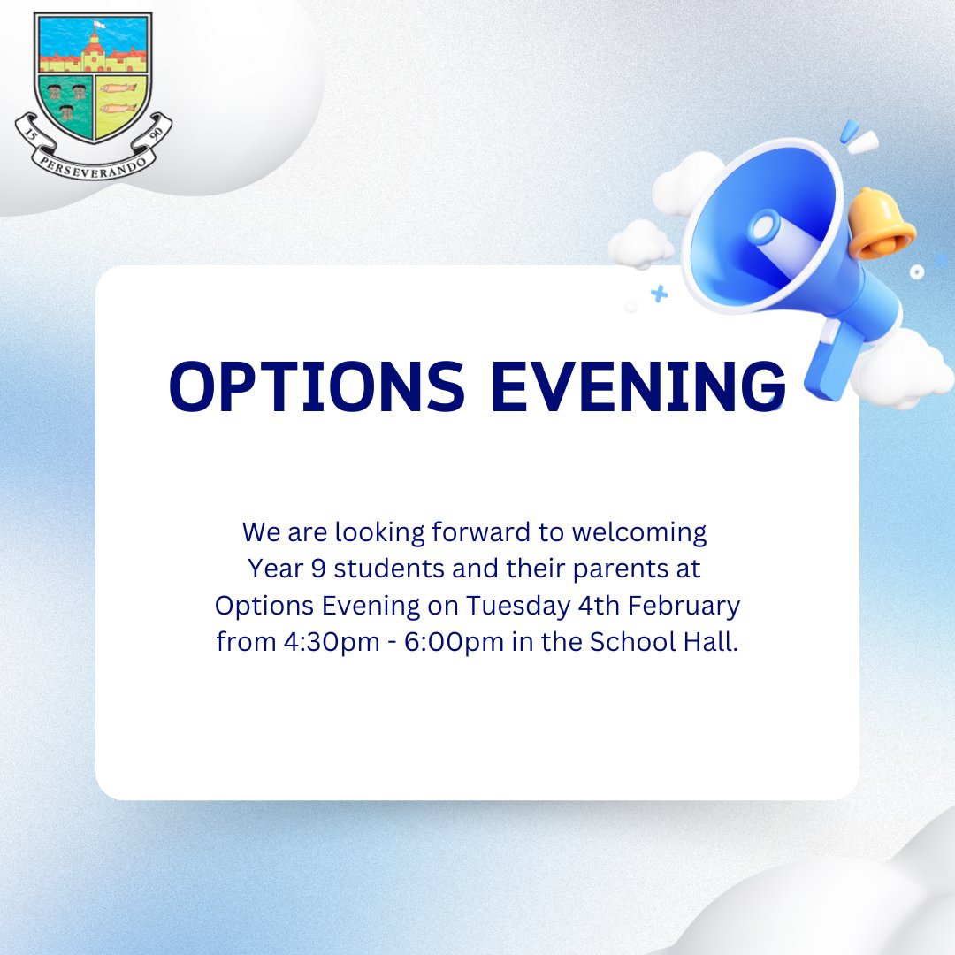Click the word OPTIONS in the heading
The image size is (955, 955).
tap(317, 387)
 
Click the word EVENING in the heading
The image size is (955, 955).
tap(639, 387)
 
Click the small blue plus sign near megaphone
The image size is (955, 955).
tap(659, 294)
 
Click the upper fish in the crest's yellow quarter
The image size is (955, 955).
tap(118, 88)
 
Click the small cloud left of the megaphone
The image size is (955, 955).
tap(640, 242)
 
